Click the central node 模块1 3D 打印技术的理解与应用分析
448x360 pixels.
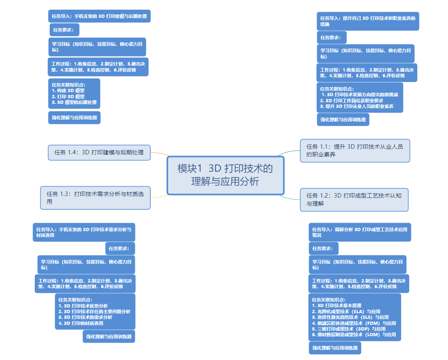[x=225, y=175]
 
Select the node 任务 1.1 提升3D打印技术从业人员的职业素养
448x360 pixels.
[x=355, y=150]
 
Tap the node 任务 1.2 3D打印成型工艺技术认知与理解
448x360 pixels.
[x=354, y=200]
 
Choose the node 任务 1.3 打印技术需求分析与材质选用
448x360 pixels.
[x=95, y=198]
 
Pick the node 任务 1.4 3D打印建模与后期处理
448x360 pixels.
[x=99, y=152]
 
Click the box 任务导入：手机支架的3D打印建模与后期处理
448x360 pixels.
[x=99, y=17]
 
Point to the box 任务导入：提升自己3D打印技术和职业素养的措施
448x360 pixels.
[x=368, y=21]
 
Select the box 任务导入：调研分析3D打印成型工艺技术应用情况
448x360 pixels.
[x=360, y=232]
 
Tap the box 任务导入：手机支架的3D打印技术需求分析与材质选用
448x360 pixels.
[x=84, y=232]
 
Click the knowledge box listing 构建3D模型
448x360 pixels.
[x=74, y=94]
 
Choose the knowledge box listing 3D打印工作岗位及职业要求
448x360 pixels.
[x=360, y=98]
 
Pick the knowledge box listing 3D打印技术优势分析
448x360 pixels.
[x=95, y=312]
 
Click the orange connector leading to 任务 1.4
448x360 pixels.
[x=160, y=154]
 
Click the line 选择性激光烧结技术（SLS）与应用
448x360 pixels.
[x=350, y=318]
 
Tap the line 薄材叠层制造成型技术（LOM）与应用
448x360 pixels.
[x=354, y=335]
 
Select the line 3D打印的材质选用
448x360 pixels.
[x=81, y=323]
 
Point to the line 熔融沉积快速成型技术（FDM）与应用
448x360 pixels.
[x=354, y=323]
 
